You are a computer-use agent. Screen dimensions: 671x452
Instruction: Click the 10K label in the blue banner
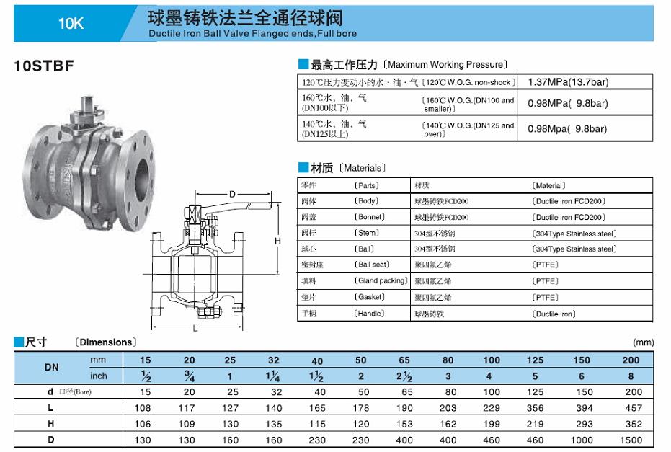click(71, 23)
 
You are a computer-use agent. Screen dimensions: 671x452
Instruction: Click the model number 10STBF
click(44, 66)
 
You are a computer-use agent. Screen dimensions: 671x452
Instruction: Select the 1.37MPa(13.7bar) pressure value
click(568, 81)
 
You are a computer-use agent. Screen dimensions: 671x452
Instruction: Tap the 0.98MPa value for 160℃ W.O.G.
click(567, 103)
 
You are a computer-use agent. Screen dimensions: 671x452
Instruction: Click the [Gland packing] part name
click(381, 281)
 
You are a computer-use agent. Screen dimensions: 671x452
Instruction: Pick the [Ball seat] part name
click(371, 265)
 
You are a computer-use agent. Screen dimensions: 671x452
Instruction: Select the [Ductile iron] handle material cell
click(554, 314)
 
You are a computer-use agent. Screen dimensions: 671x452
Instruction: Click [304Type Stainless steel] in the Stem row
click(574, 234)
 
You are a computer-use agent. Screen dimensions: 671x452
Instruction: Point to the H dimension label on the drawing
click(277, 241)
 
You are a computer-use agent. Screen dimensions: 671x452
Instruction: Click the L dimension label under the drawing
click(195, 328)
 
